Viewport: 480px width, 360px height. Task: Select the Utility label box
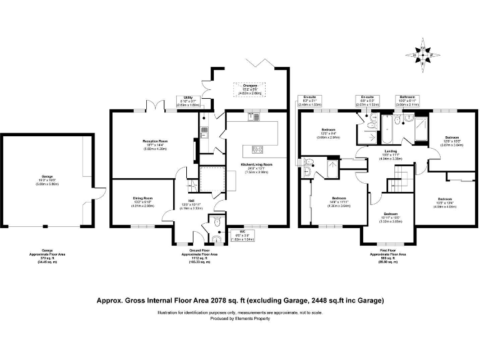[x=189, y=102]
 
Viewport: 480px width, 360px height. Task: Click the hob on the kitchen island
[x=257, y=149]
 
